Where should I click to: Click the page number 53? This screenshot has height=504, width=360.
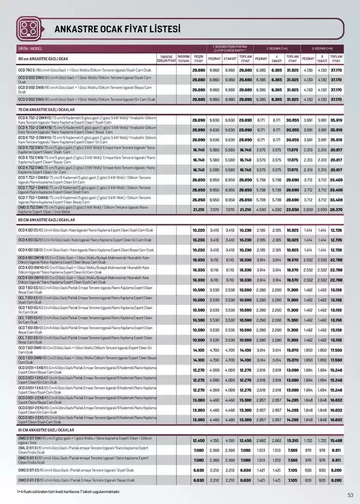coord(350,495)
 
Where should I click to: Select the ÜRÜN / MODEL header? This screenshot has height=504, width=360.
coord(30,48)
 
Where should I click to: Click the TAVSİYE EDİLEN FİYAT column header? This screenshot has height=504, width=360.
coord(166,58)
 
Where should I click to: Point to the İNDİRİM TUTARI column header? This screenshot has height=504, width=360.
coord(183,58)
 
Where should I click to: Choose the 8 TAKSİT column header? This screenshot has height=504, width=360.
coord(322,58)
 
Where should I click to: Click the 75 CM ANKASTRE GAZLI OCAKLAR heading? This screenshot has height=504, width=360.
coord(47,110)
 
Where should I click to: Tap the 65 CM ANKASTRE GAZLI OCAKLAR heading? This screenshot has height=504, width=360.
coord(47,220)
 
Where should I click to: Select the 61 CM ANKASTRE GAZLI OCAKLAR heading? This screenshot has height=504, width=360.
coord(46,430)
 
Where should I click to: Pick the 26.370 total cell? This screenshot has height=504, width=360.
coord(336,209)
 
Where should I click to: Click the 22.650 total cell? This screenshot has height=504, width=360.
coord(292,209)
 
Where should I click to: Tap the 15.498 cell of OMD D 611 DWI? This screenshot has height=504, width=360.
coord(336,440)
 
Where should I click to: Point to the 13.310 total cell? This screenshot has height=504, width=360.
coord(292,440)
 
